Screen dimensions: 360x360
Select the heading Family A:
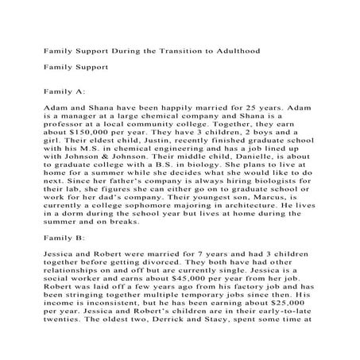click(x=70, y=91)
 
